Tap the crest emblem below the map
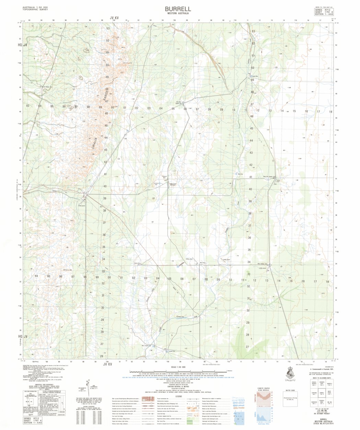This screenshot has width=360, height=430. [x=289, y=377]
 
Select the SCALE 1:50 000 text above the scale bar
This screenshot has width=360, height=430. [x=178, y=367]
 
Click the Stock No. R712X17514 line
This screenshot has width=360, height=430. [x=324, y=425]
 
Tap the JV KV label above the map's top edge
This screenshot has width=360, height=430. [x=114, y=18]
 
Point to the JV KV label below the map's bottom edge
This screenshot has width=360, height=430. [x=108, y=364]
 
